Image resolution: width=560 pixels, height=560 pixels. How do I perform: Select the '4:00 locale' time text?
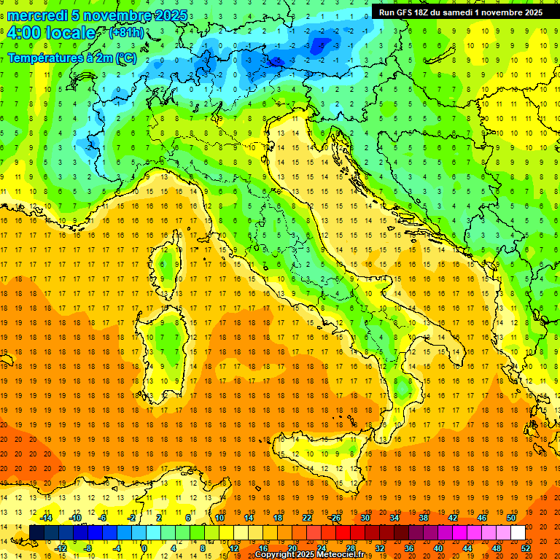tap(51, 34)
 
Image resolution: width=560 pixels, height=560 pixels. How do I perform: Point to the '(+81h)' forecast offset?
tap(126, 34)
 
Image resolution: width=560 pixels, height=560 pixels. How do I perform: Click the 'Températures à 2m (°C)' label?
tap(72, 57)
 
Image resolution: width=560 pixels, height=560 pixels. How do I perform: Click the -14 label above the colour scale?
tap(46, 518)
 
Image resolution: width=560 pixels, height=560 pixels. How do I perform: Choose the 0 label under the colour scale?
tap(145, 548)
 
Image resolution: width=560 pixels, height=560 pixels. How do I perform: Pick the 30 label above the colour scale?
tap(365, 518)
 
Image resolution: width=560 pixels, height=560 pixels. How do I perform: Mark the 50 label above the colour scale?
tap(511, 518)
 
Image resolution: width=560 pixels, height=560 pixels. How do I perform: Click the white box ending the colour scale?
tap(518, 532)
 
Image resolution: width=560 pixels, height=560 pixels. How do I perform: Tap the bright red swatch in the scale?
tap(343, 532)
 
